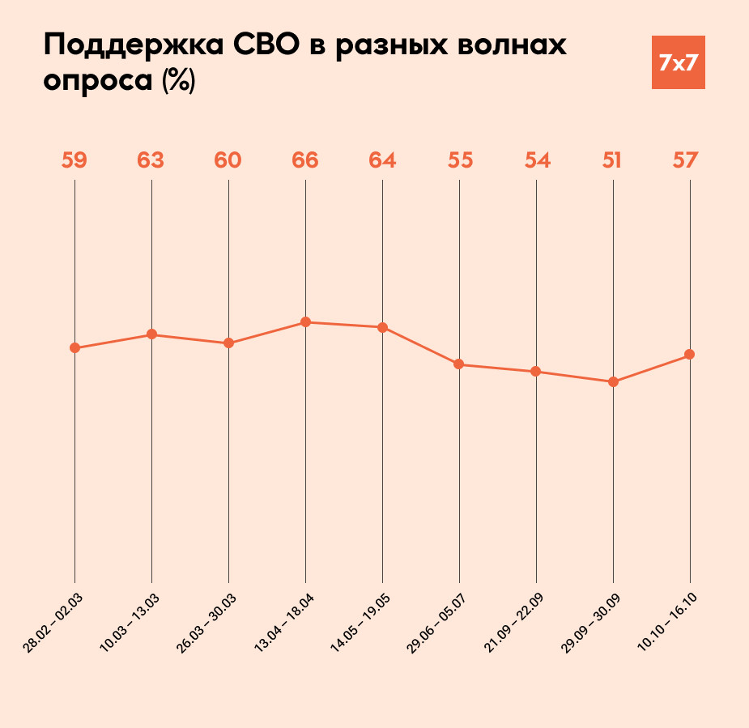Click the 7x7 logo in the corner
[x=678, y=62]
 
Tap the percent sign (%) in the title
[x=178, y=82]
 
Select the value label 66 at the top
[x=305, y=160]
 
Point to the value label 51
[x=612, y=160]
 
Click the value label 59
[x=74, y=160]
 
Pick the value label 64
[x=382, y=160]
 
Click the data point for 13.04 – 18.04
[x=305, y=322]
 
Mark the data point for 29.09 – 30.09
[x=613, y=381]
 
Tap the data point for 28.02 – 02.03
[x=74, y=348]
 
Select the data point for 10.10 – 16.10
[x=690, y=355]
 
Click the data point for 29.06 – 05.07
[x=459, y=364]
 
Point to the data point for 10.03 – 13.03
[x=151, y=334]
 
